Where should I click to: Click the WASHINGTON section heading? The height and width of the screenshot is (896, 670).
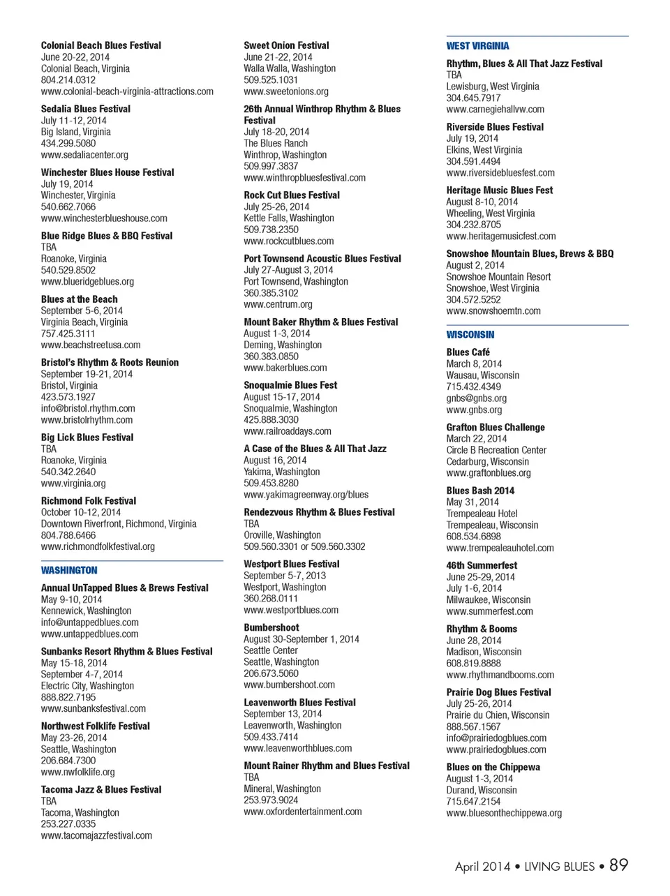coord(69,570)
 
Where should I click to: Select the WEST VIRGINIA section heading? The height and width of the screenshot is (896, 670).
coord(477,46)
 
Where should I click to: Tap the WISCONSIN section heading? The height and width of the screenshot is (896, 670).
coord(470,335)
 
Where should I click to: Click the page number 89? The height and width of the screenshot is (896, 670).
coord(618,865)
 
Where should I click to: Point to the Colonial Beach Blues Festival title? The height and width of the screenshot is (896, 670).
coord(100,45)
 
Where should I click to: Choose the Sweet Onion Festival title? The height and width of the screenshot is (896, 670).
coord(286,45)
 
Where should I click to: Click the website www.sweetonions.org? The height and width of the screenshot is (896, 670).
coord(285,91)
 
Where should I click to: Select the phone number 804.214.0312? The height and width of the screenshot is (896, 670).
coord(68,80)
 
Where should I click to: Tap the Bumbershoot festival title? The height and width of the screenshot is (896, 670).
coord(271,628)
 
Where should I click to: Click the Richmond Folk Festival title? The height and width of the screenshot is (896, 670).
coord(88,501)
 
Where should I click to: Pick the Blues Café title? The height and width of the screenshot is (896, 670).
coord(468,352)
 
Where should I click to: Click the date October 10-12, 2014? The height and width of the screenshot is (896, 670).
coord(80,512)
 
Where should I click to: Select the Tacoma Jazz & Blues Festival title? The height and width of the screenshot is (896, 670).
coord(100,790)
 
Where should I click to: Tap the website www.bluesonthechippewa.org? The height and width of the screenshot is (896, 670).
coord(504,813)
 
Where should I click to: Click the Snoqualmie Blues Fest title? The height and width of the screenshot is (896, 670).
coord(290,385)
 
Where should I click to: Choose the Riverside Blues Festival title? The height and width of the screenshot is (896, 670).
coord(495,127)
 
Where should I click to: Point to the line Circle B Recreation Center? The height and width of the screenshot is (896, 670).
coord(496,450)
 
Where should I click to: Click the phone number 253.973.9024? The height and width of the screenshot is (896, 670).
coord(271,800)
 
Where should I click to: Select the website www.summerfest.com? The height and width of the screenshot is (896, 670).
coord(489,611)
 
